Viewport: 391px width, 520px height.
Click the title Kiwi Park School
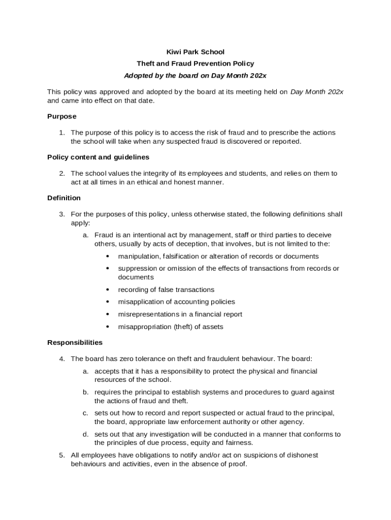pos(195,52)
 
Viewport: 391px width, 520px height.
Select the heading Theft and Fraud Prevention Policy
pos(195,63)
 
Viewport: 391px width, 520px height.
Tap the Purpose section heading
pos(62,116)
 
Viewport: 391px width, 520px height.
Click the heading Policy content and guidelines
pos(98,157)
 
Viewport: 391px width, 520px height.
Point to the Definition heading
pos(64,198)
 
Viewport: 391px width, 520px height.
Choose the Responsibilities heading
pos(75,342)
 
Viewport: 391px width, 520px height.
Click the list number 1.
pos(61,133)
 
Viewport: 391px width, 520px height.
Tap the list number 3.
pos(61,214)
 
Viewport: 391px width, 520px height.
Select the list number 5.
pos(61,455)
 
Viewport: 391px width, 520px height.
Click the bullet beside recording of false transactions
pos(108,289)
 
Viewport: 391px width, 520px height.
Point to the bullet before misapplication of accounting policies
pos(108,302)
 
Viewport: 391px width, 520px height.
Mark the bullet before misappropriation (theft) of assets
pos(108,327)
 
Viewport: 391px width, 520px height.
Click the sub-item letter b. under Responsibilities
pos(86,392)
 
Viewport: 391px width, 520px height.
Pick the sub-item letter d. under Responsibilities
pos(86,434)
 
